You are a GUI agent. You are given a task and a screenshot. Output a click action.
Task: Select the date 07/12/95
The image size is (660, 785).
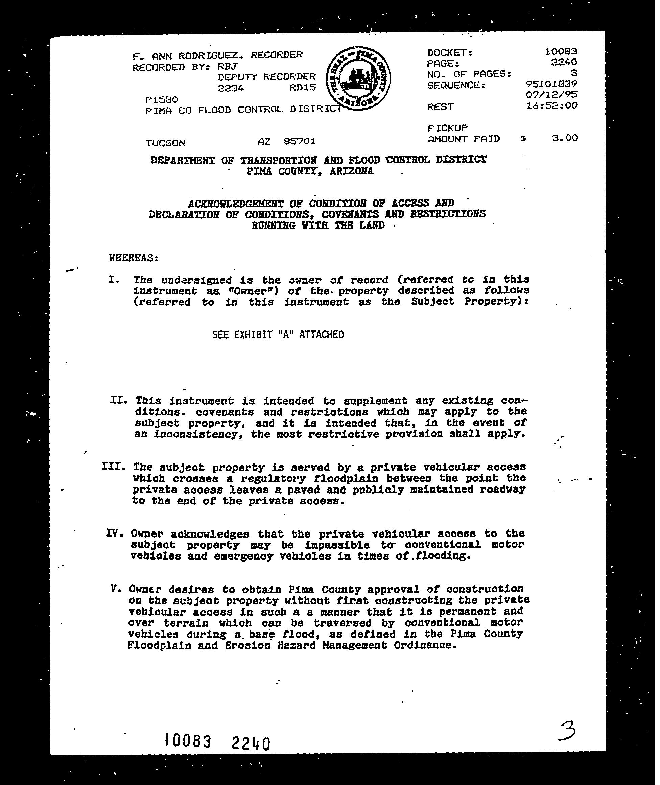click(551, 94)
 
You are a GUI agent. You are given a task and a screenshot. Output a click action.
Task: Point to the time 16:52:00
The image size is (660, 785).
click(551, 105)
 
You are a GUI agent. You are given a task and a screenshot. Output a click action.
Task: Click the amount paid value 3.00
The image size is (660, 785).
click(565, 138)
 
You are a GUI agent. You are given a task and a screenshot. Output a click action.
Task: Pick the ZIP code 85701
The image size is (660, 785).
click(299, 141)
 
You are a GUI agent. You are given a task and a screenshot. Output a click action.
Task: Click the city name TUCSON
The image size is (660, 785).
click(165, 143)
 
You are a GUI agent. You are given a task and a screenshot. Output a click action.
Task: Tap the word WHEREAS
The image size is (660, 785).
click(134, 258)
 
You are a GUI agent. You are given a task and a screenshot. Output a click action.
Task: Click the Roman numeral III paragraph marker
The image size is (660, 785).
click(113, 467)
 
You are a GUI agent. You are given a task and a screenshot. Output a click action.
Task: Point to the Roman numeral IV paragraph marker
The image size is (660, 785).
click(115, 533)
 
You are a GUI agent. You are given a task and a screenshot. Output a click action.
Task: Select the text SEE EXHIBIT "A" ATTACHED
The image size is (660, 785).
click(278, 334)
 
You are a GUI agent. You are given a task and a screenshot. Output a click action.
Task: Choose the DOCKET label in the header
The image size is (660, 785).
click(450, 53)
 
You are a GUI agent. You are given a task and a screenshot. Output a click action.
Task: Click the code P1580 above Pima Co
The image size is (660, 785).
click(162, 99)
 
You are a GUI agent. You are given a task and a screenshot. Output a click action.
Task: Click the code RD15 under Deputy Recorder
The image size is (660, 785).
click(302, 88)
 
